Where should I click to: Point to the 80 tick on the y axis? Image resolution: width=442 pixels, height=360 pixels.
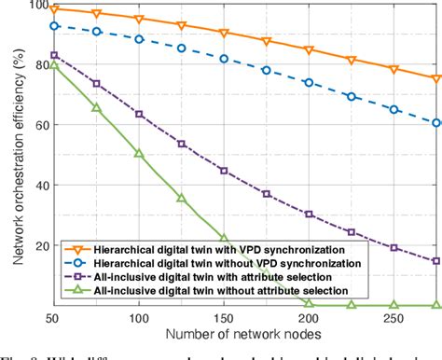point(36,65)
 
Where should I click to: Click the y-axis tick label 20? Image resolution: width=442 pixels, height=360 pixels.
point(36,245)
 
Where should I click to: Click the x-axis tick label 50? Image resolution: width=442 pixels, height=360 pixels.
point(54,318)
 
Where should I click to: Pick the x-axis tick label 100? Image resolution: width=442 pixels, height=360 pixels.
point(139,318)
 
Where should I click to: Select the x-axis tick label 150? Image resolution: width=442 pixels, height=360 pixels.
point(224,318)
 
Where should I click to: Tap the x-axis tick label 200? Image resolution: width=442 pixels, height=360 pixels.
point(309,318)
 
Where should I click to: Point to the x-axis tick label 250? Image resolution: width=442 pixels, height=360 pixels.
point(394,318)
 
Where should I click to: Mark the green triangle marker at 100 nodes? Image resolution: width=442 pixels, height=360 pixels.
point(139,153)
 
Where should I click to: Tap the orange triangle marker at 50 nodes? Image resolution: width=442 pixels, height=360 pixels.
point(54,9)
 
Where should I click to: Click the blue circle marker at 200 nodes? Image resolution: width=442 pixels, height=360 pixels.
point(309,82)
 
